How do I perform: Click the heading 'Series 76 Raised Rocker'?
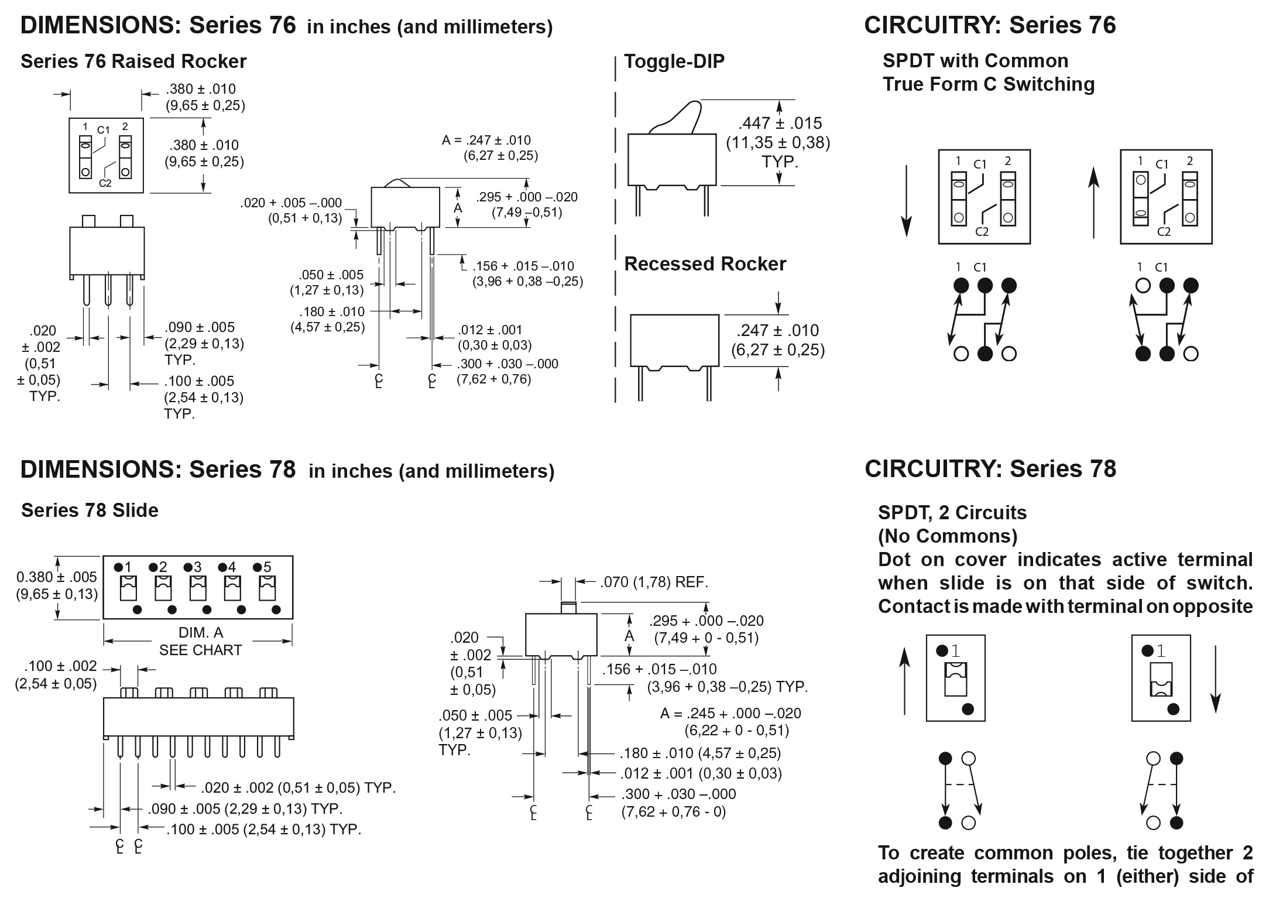[133, 61]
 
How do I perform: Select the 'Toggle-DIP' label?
[674, 61]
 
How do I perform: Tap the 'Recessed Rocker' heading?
[705, 264]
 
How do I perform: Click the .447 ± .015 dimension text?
[780, 124]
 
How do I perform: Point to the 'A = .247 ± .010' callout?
[486, 140]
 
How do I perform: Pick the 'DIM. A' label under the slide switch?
[200, 633]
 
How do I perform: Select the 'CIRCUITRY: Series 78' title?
[990, 469]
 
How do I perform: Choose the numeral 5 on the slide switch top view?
[267, 567]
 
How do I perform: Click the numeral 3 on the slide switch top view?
[198, 567]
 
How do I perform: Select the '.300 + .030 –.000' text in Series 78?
[678, 794]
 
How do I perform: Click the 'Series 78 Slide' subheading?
[90, 510]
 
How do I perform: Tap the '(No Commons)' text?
[948, 536]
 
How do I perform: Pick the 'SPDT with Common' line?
[975, 61]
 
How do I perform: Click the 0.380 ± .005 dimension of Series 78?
[56, 577]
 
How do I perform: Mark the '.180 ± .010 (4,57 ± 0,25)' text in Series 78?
[700, 753]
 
